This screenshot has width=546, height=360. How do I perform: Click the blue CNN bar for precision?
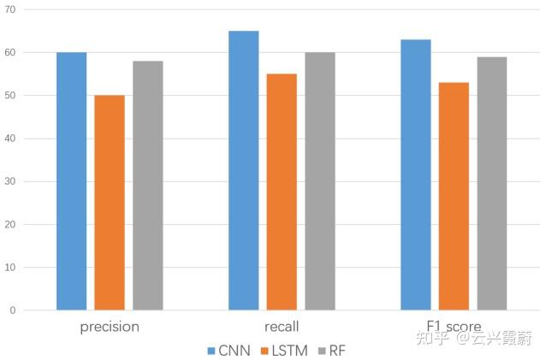(72, 181)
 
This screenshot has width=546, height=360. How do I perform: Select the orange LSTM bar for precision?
(110, 203)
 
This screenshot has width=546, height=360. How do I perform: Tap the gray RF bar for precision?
(147, 186)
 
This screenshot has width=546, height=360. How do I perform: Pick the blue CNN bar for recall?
(244, 170)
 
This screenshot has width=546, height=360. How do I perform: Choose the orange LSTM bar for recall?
(282, 192)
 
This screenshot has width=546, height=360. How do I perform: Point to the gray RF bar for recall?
(320, 181)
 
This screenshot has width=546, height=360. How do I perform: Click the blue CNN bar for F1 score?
(416, 174)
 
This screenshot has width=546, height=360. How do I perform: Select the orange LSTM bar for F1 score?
(454, 196)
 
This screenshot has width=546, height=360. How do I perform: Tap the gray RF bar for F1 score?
(492, 183)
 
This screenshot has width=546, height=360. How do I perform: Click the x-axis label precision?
(110, 327)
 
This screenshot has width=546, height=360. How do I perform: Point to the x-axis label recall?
(282, 327)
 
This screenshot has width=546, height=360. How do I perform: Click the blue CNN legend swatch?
(211, 351)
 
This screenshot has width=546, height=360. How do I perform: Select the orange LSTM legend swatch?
(264, 351)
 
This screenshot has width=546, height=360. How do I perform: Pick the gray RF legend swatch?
(322, 351)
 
